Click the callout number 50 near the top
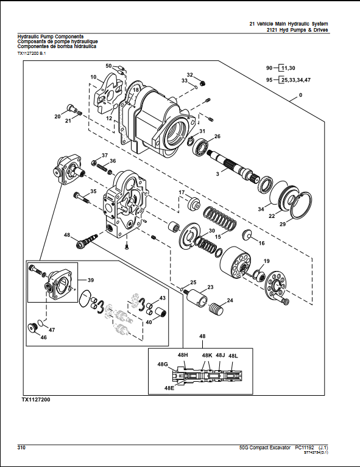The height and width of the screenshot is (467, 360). pyautogui.click(x=108, y=66)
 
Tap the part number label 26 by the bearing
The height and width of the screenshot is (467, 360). pyautogui.click(x=217, y=136)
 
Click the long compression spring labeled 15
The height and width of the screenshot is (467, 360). pyautogui.click(x=221, y=220)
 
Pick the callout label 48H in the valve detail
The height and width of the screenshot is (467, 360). pyautogui.click(x=183, y=355)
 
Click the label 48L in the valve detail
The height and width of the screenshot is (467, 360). pyautogui.click(x=233, y=356)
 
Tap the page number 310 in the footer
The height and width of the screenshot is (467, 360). pyautogui.click(x=21, y=448)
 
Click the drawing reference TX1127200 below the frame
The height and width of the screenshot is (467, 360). pyautogui.click(x=36, y=399)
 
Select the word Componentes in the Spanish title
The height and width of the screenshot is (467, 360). pyautogui.click(x=32, y=46)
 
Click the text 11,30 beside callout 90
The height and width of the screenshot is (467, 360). pyautogui.click(x=288, y=68)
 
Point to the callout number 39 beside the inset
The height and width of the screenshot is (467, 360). pyautogui.click(x=91, y=280)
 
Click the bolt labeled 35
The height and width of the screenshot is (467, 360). pyautogui.click(x=82, y=197)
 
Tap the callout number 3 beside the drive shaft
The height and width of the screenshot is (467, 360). pyautogui.click(x=217, y=174)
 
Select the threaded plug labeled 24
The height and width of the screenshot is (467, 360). pyautogui.click(x=216, y=309)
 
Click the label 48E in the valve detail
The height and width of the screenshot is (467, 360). pyautogui.click(x=169, y=388)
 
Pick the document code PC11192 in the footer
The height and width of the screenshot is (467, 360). pyautogui.click(x=305, y=448)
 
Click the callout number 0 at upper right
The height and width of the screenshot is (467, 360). pyautogui.click(x=301, y=95)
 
